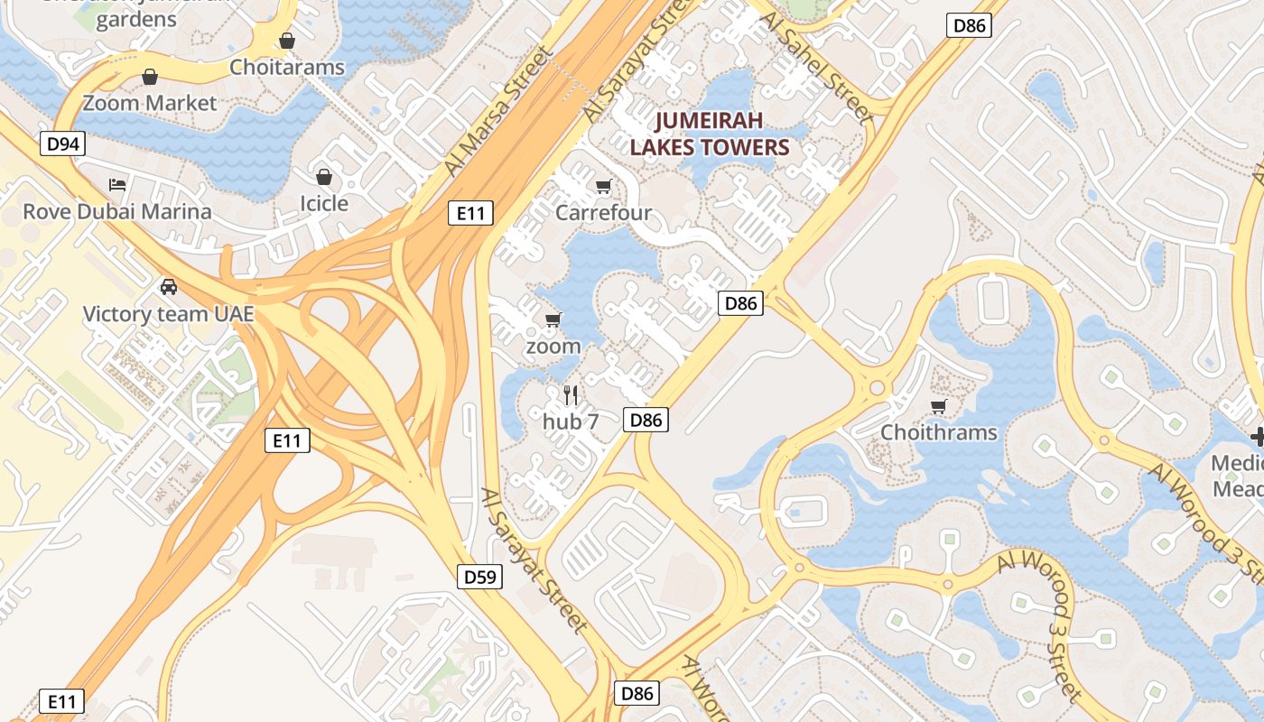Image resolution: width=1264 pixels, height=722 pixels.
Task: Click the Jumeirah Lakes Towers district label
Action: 709,134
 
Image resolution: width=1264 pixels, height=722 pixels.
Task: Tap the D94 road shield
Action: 62,143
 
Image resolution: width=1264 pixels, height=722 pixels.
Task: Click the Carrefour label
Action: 603,213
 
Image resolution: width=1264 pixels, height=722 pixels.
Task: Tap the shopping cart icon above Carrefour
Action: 603,187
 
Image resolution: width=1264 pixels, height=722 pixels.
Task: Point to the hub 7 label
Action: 571,421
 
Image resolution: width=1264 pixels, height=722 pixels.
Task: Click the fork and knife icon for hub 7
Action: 571,394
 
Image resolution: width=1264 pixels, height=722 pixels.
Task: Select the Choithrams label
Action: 939,432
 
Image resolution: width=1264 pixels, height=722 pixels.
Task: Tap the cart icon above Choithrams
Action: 939,406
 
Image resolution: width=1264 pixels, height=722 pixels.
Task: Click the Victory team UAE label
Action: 168,314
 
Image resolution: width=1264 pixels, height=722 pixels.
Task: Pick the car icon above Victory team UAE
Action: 168,288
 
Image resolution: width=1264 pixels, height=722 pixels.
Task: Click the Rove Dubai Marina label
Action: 117,211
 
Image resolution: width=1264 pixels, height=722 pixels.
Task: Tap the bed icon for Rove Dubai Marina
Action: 117,185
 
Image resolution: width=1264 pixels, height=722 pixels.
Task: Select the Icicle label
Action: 324,203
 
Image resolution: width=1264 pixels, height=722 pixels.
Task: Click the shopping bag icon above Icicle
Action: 324,177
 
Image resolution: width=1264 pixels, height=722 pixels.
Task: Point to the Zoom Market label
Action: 150,103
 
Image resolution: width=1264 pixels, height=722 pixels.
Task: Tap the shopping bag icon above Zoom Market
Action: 150,78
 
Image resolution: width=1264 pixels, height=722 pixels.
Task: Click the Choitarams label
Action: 287,67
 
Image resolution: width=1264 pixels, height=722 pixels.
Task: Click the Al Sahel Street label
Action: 818,67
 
